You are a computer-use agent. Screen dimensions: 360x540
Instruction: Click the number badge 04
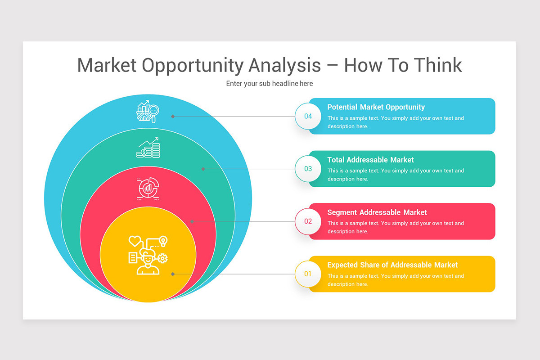click(x=308, y=117)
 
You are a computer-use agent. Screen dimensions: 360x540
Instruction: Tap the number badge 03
click(x=308, y=169)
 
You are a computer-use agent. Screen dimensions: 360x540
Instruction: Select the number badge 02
click(x=308, y=221)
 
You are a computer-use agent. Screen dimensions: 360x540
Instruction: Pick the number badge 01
click(x=308, y=274)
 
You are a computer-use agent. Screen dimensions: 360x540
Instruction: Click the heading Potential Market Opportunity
click(x=376, y=107)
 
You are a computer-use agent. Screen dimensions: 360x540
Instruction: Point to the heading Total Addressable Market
click(x=370, y=160)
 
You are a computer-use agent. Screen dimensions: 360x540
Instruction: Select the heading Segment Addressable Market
click(x=377, y=212)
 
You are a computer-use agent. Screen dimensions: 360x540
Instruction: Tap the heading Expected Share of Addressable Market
click(x=392, y=265)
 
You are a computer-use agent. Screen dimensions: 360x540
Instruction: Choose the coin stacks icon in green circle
click(x=148, y=148)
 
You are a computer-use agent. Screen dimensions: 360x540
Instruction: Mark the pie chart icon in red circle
click(x=148, y=189)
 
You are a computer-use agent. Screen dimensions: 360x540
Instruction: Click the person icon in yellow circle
click(x=148, y=255)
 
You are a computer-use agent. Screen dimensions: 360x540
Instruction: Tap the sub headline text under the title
click(x=270, y=84)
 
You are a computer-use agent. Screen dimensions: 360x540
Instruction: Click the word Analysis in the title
click(x=284, y=65)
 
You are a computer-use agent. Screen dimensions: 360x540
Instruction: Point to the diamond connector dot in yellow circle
click(x=173, y=274)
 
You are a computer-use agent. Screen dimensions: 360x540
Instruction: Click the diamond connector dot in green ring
click(x=203, y=169)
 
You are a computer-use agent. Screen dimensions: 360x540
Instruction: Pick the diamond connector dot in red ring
click(x=192, y=221)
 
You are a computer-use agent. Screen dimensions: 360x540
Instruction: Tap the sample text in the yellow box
click(x=395, y=280)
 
